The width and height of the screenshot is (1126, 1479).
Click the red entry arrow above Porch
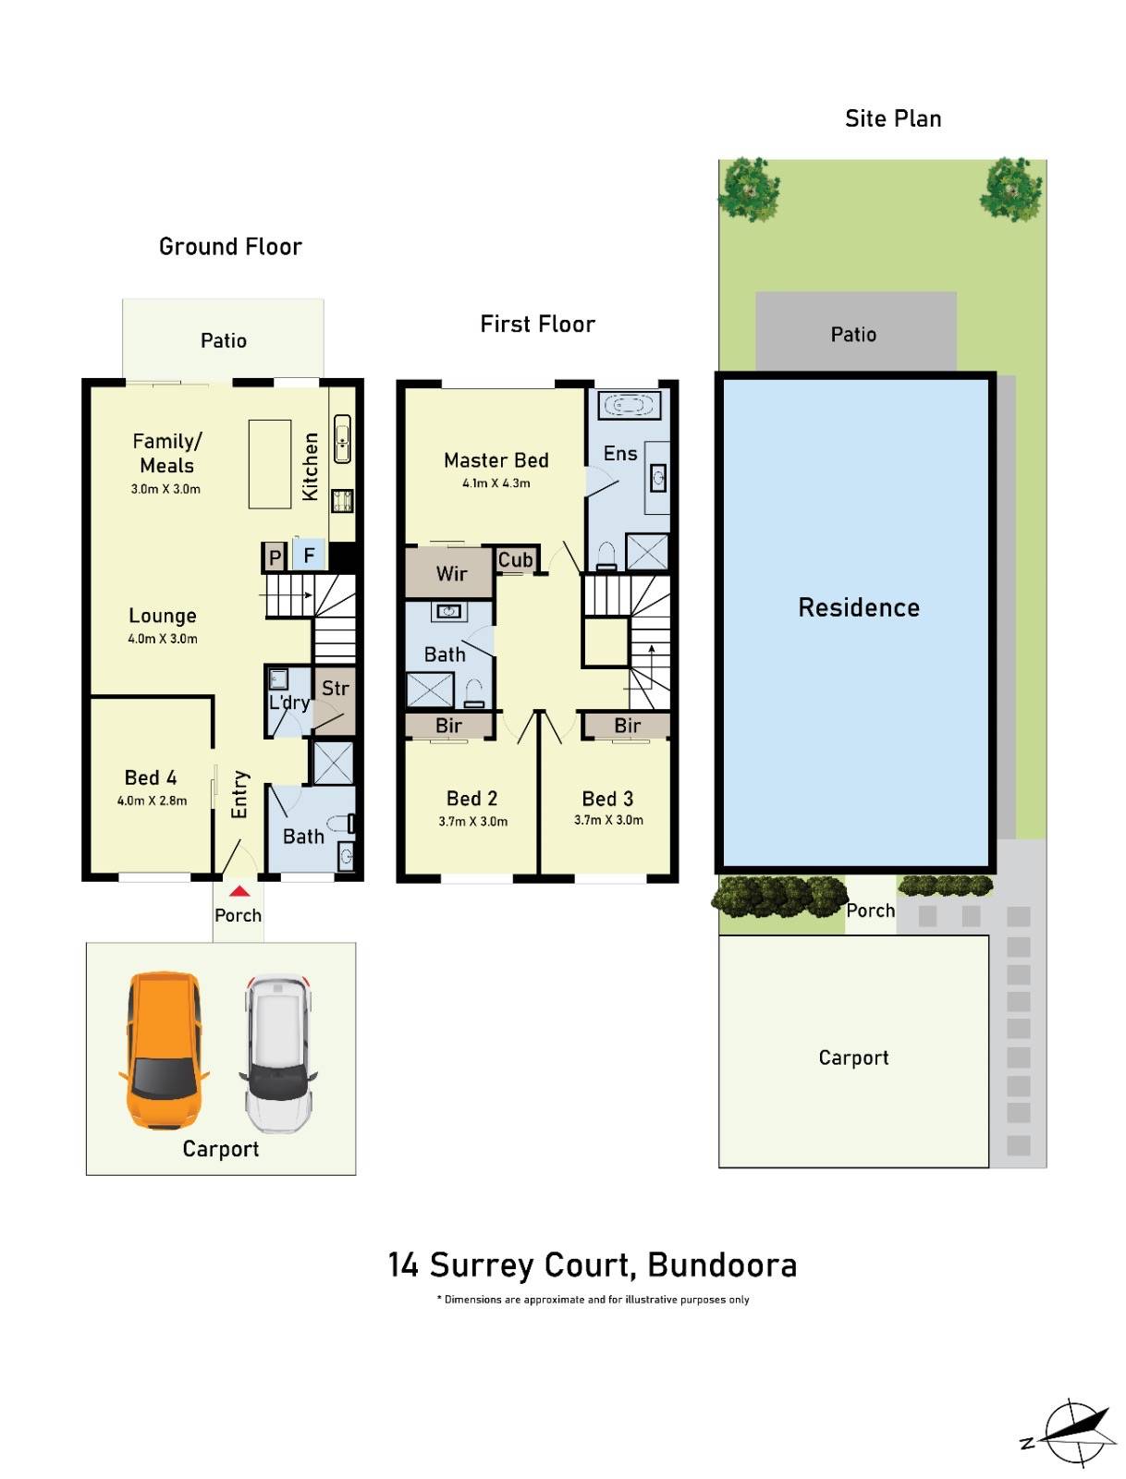pos(239,892)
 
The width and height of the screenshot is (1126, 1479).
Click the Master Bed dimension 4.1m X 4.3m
pos(496,483)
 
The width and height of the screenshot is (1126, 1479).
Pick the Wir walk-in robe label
pos(451,574)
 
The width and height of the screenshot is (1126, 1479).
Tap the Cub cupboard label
pos(515,559)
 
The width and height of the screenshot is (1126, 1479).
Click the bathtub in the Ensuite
pos(629,405)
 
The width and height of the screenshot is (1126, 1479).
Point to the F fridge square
pos(310,556)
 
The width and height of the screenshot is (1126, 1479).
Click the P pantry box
pos(275,557)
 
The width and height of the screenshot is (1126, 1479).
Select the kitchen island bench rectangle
pos(270,464)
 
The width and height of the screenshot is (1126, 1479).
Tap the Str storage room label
pos(335,689)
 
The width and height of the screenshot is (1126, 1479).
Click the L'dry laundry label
pos(289,703)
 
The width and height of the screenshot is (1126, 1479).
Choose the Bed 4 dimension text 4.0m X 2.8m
pos(152,801)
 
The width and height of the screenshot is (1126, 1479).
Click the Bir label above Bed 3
pos(627,726)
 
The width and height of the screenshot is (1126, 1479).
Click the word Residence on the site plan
pos(859,607)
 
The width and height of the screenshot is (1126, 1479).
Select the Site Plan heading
pos(893,118)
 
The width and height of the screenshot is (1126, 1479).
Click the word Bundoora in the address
pos(722,1265)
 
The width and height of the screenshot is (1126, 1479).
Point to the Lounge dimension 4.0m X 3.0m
pos(163,639)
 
